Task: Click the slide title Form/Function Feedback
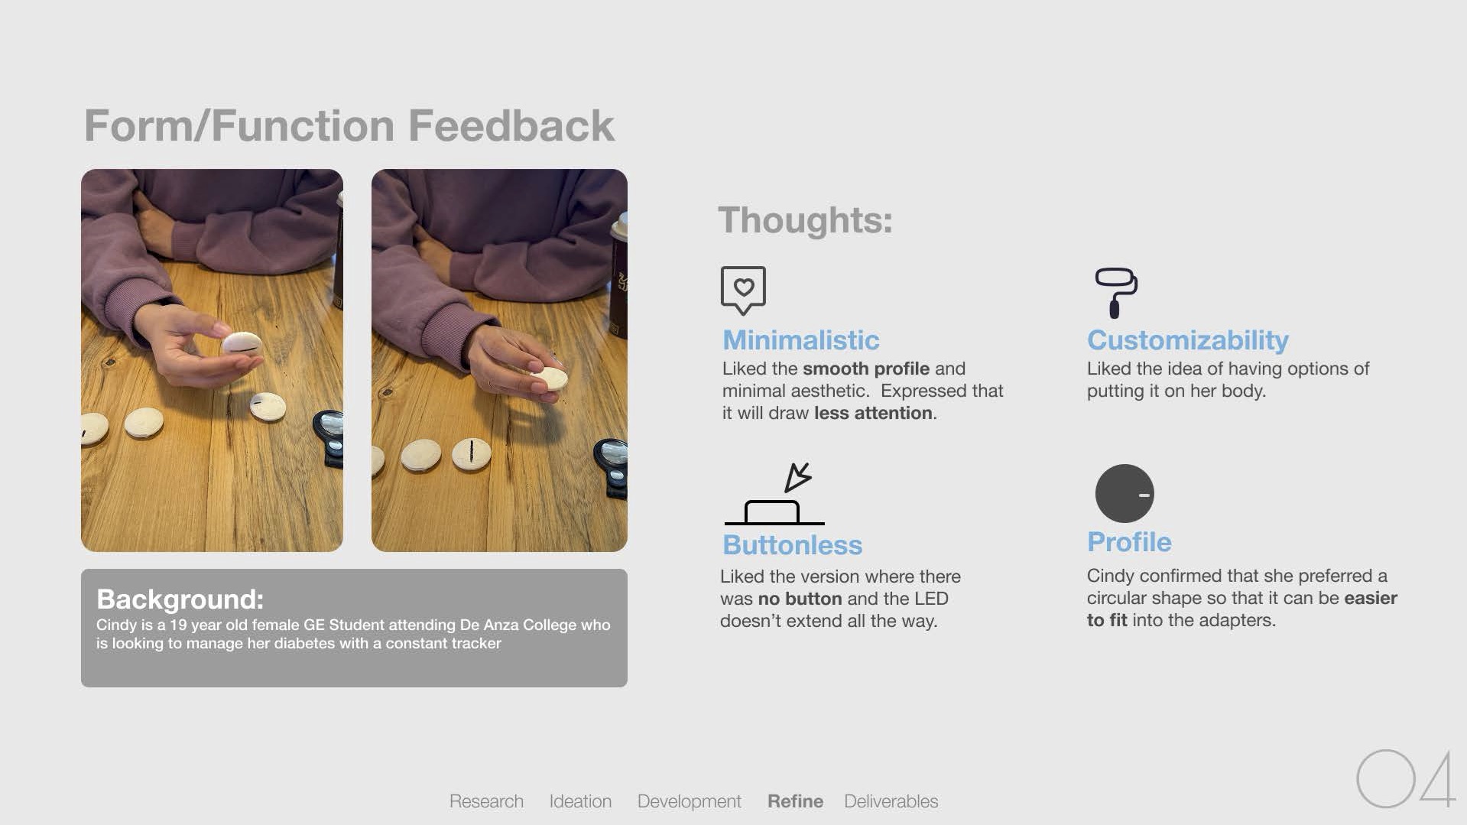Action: (349, 125)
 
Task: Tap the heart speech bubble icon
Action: (743, 290)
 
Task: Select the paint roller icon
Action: (1116, 292)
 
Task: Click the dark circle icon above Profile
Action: (1125, 493)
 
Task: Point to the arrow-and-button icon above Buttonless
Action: (774, 494)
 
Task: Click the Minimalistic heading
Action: (801, 340)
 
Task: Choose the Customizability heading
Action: (1188, 340)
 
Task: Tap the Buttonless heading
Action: (793, 545)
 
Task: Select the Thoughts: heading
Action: (805, 220)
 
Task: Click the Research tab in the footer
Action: (486, 801)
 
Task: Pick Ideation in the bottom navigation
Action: (580, 801)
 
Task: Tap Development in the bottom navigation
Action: (690, 801)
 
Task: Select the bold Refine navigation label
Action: (795, 801)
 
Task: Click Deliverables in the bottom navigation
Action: (891, 801)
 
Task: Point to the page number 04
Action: (1406, 778)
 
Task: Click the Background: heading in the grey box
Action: (180, 599)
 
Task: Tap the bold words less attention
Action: (873, 413)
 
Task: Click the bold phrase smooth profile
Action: (866, 369)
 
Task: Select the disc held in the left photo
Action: (242, 344)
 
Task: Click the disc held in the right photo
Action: (550, 378)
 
